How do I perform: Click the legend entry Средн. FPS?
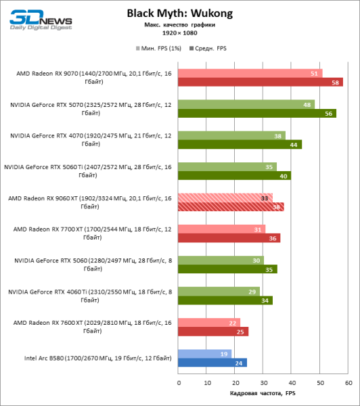point(210,49)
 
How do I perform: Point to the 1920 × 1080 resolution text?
point(179,32)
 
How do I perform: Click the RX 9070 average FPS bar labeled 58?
point(261,82)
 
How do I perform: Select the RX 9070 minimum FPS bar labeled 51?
point(250,73)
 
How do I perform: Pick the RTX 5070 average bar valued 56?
point(257,113)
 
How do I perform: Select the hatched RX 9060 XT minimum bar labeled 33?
point(225,198)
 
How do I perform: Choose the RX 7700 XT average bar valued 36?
point(229,238)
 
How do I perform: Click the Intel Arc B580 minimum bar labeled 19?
point(205,353)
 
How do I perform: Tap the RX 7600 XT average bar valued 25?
point(214,331)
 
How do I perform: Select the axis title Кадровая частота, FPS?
point(263,394)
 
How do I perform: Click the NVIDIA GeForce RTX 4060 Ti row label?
point(90,295)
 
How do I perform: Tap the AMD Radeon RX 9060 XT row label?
point(90,202)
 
